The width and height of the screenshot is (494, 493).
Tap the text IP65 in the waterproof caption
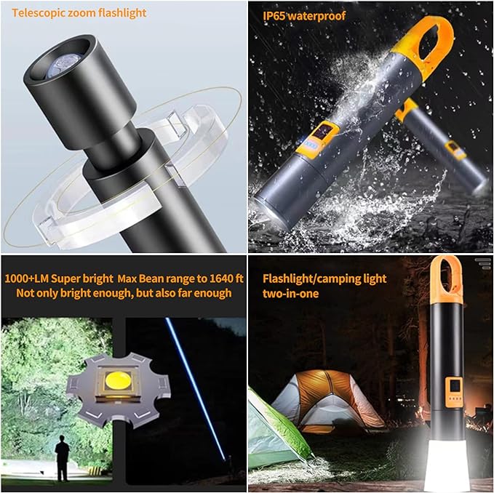(x=274, y=16)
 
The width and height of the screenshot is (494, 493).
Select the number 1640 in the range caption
(x=223, y=278)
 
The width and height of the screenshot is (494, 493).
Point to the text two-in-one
(x=290, y=294)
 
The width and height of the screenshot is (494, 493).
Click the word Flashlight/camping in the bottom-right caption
(x=311, y=279)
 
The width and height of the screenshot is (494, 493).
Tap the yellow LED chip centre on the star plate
(x=118, y=380)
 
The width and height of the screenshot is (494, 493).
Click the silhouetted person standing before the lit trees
(x=63, y=458)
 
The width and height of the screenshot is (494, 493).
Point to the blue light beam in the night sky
(x=195, y=389)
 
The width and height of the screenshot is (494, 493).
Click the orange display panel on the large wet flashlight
(x=317, y=138)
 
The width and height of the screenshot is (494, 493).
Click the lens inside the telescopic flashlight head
(x=61, y=64)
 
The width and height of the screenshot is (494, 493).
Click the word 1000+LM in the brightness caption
(x=26, y=278)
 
